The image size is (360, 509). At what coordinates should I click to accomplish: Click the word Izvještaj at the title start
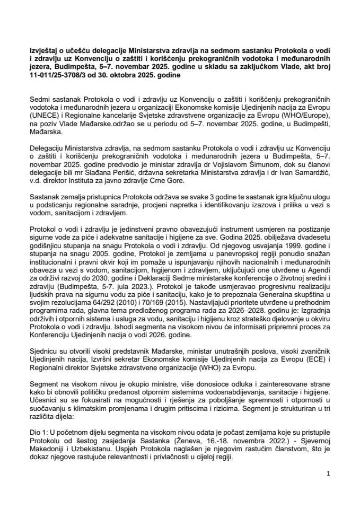click(41, 51)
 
